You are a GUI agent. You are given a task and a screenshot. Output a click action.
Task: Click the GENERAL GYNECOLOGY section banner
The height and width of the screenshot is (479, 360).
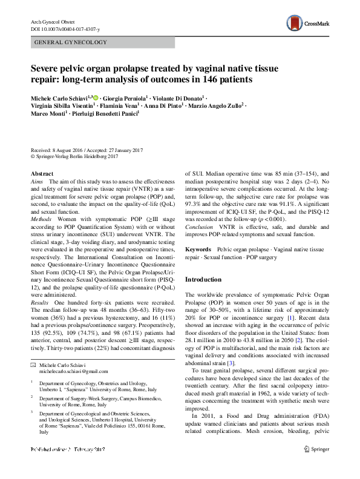click(x=71, y=42)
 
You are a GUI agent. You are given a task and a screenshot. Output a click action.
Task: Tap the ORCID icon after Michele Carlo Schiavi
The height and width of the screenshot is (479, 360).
click(x=96, y=96)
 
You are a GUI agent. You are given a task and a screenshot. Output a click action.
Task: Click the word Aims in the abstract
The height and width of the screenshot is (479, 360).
click(x=37, y=182)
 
